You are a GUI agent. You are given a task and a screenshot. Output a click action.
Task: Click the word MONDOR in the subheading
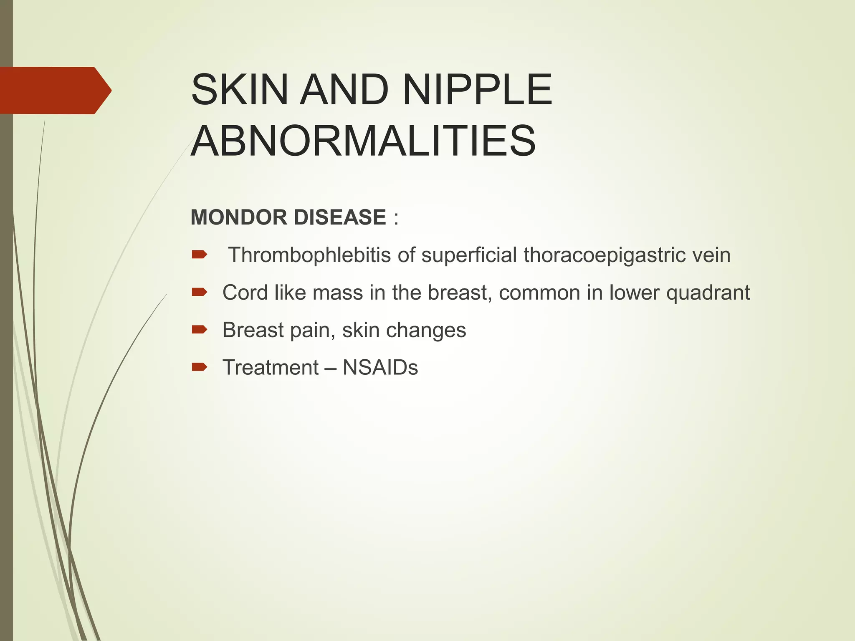tap(238, 217)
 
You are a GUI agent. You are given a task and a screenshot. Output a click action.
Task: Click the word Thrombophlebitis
tap(309, 255)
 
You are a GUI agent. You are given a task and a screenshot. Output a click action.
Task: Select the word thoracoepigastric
tap(604, 255)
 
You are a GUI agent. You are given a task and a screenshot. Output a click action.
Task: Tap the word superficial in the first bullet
tap(469, 255)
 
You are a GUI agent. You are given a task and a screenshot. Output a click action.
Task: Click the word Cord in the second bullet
tap(245, 293)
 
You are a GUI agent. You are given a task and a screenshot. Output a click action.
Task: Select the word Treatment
tap(271, 368)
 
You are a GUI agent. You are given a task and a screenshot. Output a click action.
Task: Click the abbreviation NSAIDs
tap(380, 368)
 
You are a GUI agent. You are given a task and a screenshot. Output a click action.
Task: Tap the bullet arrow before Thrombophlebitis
tap(199, 255)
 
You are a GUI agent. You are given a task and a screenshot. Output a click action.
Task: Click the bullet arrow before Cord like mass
tap(199, 293)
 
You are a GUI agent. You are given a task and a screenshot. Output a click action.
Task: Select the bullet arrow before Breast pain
tap(199, 330)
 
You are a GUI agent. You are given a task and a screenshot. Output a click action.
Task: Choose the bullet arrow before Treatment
tap(199, 367)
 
